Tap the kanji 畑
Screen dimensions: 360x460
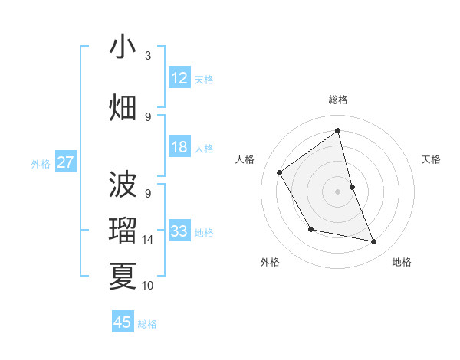coord(123,107)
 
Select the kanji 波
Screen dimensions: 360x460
coord(123,185)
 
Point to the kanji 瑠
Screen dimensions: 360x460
coord(123,231)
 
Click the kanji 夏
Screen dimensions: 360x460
coord(123,276)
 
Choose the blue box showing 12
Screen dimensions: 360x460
coord(179,78)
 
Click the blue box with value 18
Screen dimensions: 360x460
coord(179,147)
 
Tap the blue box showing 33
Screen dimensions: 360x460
coord(179,231)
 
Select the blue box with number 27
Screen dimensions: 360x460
coord(66,162)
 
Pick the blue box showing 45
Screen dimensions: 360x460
coord(123,322)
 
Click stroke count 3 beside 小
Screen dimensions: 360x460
coord(148,56)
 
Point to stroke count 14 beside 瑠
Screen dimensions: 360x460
coord(148,240)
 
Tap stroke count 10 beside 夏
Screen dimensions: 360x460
coord(148,286)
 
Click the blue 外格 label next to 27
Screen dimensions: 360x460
coord(41,163)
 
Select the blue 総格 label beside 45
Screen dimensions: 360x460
coord(147,323)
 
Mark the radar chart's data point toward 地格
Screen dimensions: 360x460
coord(374,242)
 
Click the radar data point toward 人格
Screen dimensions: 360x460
coord(280,172)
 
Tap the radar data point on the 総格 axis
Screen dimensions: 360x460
coord(337,130)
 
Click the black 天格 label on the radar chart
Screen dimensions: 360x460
coord(431,159)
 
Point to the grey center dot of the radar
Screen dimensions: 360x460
coord(337,191)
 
